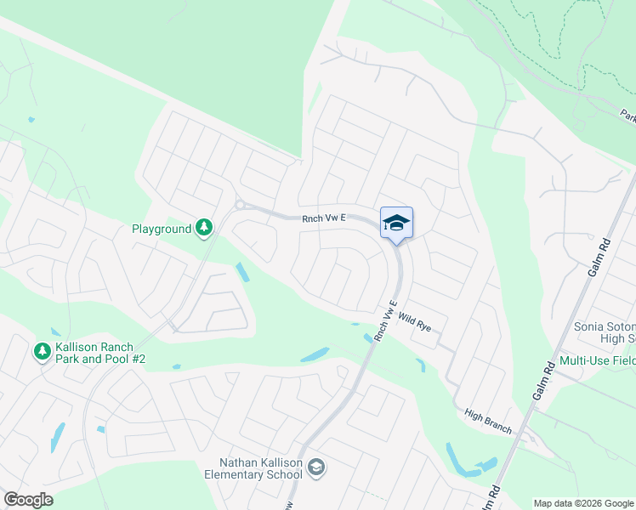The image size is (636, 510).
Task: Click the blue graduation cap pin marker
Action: pos(396,224)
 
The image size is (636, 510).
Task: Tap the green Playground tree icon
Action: pos(204,227)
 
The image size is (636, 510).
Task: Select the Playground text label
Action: pos(162,229)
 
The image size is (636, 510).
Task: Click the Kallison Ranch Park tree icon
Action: pos(42,350)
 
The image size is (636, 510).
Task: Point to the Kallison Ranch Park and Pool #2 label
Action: pos(100,354)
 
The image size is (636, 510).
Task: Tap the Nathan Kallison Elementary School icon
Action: pos(316,467)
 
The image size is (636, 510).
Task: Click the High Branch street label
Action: pos(488,421)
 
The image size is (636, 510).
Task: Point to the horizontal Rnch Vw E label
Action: pos(324,218)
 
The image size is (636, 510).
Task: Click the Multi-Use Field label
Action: pos(598,360)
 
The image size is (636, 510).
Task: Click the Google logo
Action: pos(28,500)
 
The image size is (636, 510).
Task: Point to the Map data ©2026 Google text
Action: pos(584,502)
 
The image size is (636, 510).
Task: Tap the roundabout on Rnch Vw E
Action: pos(240,204)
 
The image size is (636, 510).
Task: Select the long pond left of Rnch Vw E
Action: pos(314,354)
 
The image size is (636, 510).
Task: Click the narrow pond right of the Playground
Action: pos(242,273)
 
